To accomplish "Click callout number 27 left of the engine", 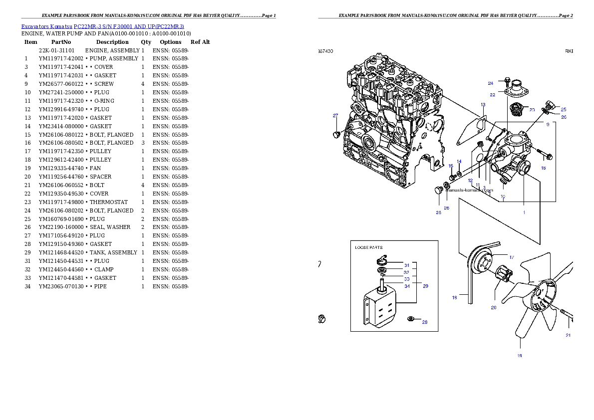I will (x=335, y=116).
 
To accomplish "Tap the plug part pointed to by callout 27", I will (x=336, y=135).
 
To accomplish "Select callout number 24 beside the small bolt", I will (x=491, y=83).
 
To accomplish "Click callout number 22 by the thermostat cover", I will (x=492, y=94).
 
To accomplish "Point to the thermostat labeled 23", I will (x=514, y=109).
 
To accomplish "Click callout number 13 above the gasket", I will (x=483, y=105).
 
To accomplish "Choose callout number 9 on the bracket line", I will (x=548, y=124).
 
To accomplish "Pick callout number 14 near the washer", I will (x=459, y=161).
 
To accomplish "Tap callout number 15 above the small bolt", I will (x=451, y=166).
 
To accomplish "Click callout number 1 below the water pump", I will (x=524, y=212).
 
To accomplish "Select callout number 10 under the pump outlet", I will (x=503, y=197).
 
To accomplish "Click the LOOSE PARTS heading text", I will (x=368, y=247).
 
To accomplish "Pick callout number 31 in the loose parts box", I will (x=407, y=265).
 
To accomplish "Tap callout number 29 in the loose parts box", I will (x=425, y=286).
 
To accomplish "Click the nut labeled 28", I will (x=411, y=319).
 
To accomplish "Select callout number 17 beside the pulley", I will (x=512, y=257).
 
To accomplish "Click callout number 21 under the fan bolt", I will (x=568, y=335).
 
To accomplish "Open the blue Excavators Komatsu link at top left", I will (x=102, y=26).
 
